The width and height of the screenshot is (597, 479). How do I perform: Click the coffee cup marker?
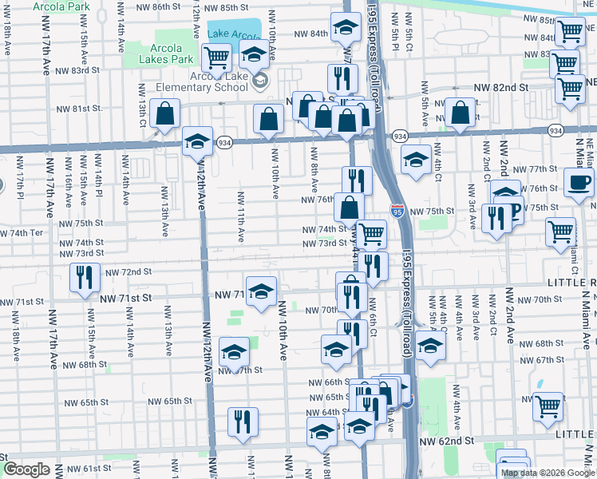[x=579, y=183]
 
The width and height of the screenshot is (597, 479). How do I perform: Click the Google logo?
[x=26, y=469]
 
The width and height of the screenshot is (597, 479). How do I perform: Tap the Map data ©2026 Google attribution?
[x=548, y=473]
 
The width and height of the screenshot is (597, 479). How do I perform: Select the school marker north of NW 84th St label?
[x=345, y=28]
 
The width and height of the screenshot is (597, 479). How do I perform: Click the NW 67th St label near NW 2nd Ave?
[x=550, y=360]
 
